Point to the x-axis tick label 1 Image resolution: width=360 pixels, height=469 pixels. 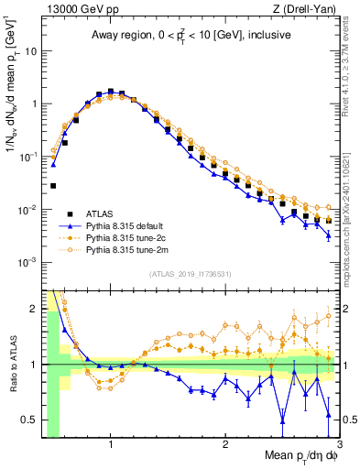(x=111, y=444)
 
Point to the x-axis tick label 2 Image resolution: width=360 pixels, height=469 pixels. (x=225, y=444)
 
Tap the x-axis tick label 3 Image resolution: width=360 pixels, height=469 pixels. (x=339, y=444)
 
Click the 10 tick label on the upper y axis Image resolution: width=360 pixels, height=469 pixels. (x=31, y=51)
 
